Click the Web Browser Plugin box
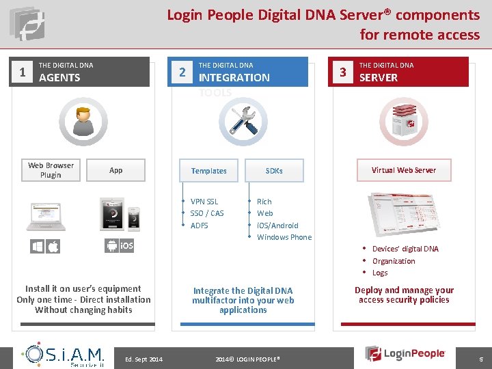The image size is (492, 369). [x=51, y=170]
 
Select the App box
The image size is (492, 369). [x=116, y=170]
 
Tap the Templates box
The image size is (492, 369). [x=208, y=171]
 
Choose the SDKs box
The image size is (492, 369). [x=274, y=171]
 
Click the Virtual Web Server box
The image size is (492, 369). [x=403, y=170]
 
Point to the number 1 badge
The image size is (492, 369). [x=23, y=72]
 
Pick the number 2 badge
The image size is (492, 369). [x=181, y=72]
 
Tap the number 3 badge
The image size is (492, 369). [x=344, y=72]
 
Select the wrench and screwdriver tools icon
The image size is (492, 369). [x=243, y=121]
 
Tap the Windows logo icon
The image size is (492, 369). [x=37, y=246]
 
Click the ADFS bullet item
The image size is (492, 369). [x=200, y=225]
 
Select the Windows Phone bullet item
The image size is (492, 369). [x=284, y=237]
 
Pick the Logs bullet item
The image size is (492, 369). [x=380, y=273]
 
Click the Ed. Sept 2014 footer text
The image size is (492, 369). [x=144, y=359]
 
